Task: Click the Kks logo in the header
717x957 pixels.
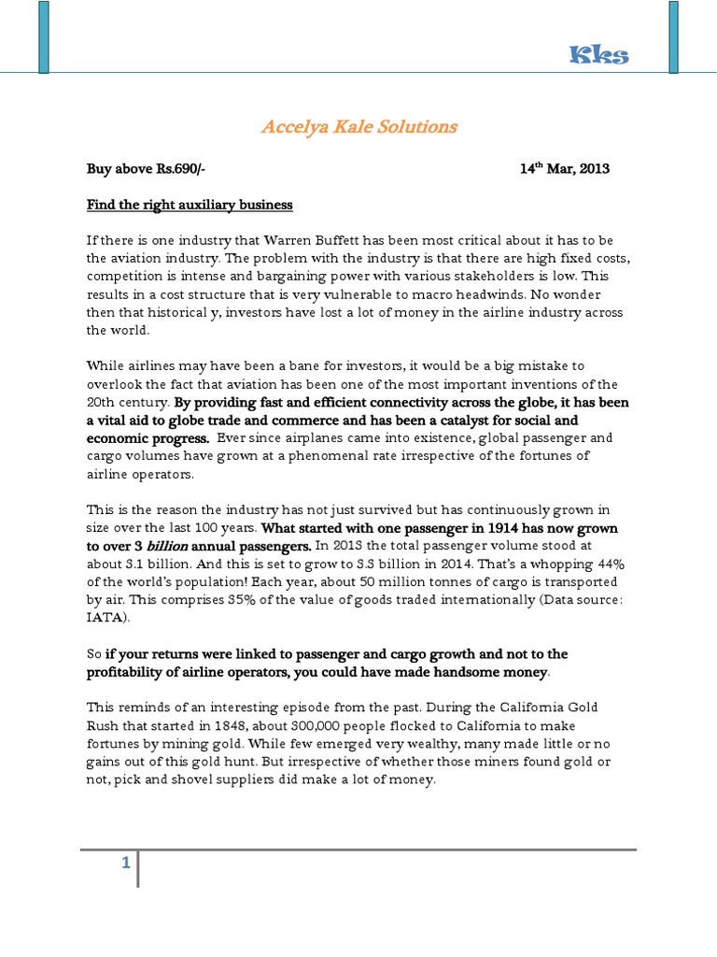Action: [599, 56]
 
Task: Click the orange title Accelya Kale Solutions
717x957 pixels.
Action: [358, 126]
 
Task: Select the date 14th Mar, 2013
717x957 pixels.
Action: [564, 169]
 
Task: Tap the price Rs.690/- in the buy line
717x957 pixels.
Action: [178, 169]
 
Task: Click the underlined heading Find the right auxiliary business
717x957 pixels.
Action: [190, 204]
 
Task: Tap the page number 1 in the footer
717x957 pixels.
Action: [124, 864]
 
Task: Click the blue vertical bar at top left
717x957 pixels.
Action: [43, 37]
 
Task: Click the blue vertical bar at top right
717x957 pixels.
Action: [674, 37]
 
